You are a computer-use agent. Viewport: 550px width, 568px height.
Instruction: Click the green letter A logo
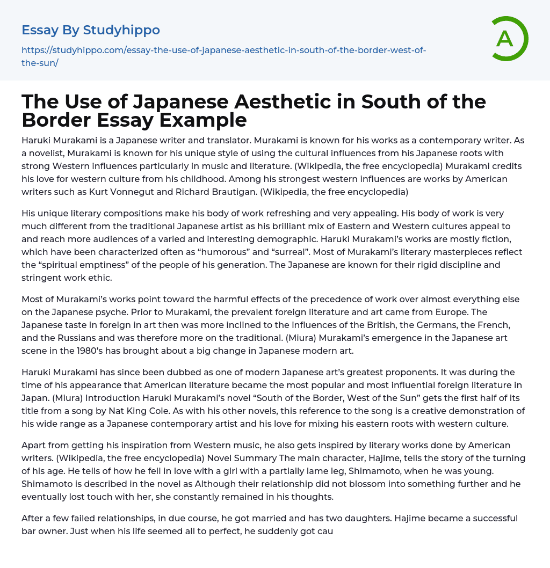pos(505,39)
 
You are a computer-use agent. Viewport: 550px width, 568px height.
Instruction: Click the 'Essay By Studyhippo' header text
pos(91,30)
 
